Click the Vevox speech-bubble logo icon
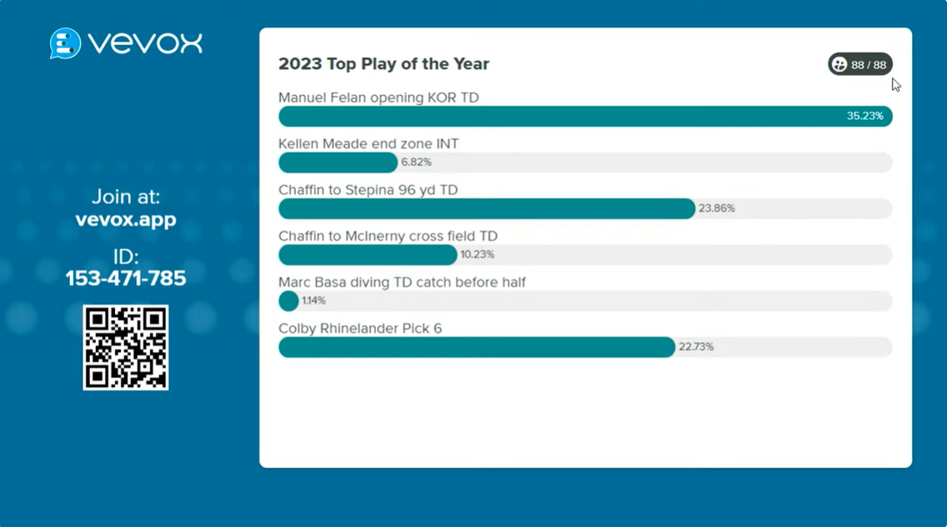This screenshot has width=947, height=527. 65,43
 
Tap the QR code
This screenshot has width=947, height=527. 126,347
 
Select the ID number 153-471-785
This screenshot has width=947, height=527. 126,279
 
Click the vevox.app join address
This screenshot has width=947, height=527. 126,220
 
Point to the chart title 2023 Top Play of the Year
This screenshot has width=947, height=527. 383,64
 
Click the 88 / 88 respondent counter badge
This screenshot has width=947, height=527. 860,64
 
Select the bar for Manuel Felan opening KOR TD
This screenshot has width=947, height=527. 559,116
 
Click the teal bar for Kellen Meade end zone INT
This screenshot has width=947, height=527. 338,163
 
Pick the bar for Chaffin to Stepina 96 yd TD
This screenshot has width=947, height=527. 486,208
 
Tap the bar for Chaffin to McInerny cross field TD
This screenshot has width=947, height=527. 368,254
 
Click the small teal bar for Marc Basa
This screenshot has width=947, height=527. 288,301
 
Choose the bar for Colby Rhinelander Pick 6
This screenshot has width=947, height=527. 476,347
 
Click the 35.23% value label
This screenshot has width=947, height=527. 864,116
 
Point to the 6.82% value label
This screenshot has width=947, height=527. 416,163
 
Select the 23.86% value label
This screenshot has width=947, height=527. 717,208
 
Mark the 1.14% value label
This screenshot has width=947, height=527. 313,301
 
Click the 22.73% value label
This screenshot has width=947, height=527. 696,347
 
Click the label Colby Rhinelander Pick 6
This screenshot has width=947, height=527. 360,329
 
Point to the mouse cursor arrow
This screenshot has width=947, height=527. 895,84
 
